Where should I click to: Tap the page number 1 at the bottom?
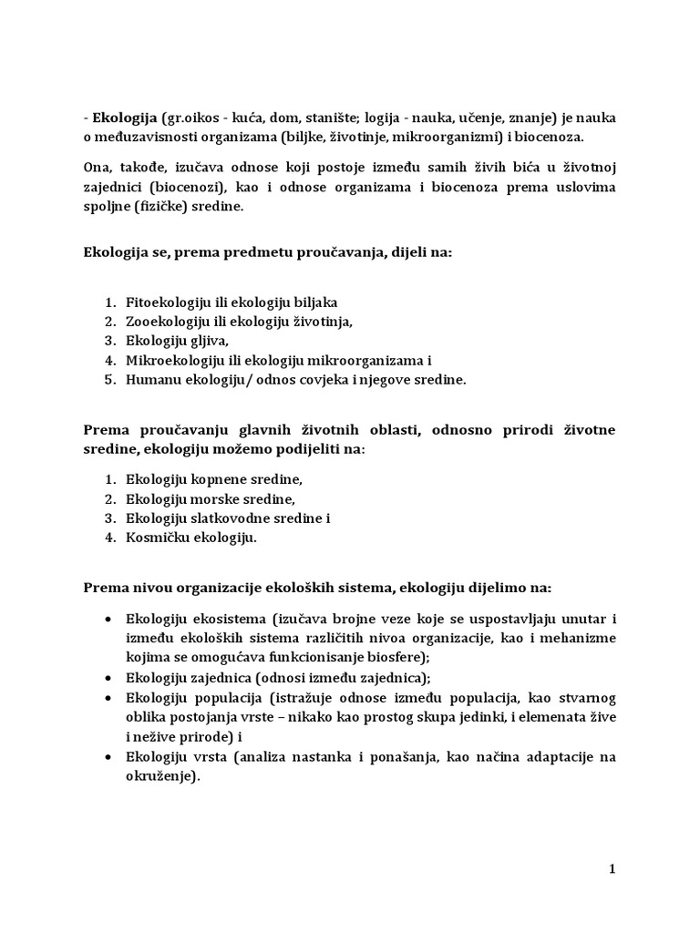click(613, 869)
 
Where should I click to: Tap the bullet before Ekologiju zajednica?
click(109, 678)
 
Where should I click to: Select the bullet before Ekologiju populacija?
click(109, 698)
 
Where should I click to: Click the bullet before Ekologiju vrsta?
click(109, 757)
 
